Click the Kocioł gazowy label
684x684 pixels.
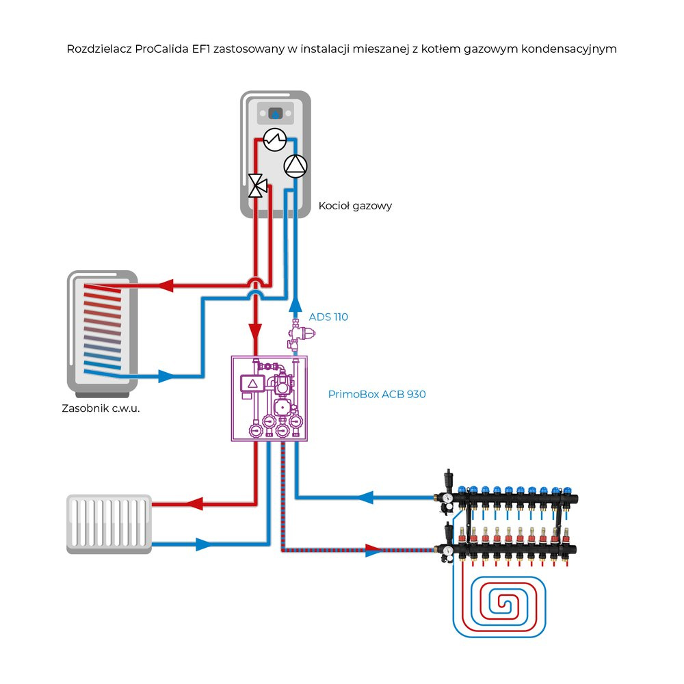(355, 205)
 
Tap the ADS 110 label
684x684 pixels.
(328, 317)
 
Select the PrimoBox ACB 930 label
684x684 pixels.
(377, 394)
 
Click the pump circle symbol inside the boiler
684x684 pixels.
(295, 166)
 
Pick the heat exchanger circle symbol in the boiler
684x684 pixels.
(274, 140)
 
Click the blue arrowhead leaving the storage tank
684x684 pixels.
(167, 376)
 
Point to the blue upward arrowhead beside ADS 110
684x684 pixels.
(295, 304)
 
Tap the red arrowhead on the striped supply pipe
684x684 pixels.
(373, 549)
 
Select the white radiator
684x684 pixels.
(109, 524)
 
